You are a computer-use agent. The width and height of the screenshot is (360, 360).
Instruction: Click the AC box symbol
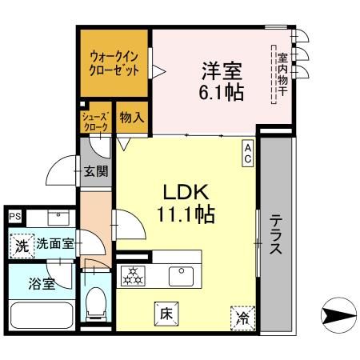(x=248, y=153)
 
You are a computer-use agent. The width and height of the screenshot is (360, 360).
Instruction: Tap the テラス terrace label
(x=275, y=233)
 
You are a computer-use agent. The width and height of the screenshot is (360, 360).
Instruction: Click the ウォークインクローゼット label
(x=113, y=62)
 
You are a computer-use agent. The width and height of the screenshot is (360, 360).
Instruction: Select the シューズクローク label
(x=96, y=122)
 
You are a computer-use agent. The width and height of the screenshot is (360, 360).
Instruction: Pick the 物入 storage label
(x=131, y=117)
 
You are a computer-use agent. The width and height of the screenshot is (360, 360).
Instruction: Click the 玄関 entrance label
(x=96, y=170)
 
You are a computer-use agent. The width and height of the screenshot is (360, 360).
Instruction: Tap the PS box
(x=14, y=216)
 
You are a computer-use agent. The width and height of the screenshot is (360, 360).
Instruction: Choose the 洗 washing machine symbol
(x=22, y=245)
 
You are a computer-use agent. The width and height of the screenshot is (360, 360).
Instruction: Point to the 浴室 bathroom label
(x=41, y=283)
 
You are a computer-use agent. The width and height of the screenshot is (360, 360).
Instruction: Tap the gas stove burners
(x=132, y=276)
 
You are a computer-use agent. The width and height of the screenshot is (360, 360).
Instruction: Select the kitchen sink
(x=180, y=276)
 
